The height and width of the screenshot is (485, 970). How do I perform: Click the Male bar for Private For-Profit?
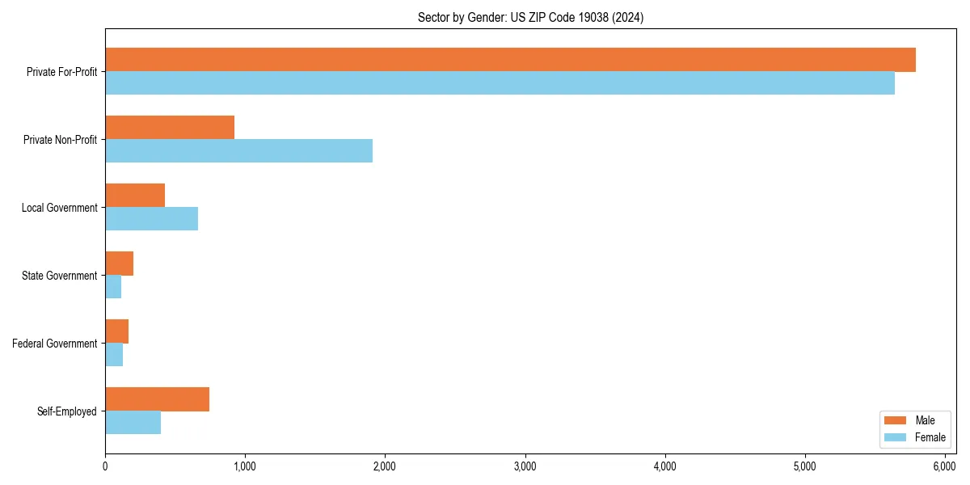tap(510, 60)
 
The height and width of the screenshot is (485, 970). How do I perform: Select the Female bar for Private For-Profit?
tap(500, 83)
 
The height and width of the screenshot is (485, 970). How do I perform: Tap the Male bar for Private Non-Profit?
tap(170, 128)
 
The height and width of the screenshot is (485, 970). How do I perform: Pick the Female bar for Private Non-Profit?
tap(238, 151)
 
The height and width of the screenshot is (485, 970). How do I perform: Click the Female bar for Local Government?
tap(151, 219)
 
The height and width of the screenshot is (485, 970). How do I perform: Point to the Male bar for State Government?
tap(119, 264)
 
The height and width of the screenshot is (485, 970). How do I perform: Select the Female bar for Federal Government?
tap(114, 355)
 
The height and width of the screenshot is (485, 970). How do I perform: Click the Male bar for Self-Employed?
tap(157, 399)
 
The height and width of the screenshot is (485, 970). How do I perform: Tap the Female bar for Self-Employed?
tap(133, 423)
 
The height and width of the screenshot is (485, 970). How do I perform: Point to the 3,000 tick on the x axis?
tap(525, 466)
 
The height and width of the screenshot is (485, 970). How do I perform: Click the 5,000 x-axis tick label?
tap(805, 466)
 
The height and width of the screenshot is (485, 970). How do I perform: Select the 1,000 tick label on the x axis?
tap(245, 466)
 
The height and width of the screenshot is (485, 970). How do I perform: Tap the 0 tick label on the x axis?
tap(105, 466)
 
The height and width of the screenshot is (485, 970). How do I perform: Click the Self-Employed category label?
tap(67, 411)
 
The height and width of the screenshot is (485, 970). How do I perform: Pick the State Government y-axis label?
tap(60, 276)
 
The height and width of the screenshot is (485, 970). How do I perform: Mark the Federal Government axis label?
tap(55, 344)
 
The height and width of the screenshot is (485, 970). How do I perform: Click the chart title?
tap(530, 17)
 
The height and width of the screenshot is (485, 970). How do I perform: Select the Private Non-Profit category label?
tap(61, 140)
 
